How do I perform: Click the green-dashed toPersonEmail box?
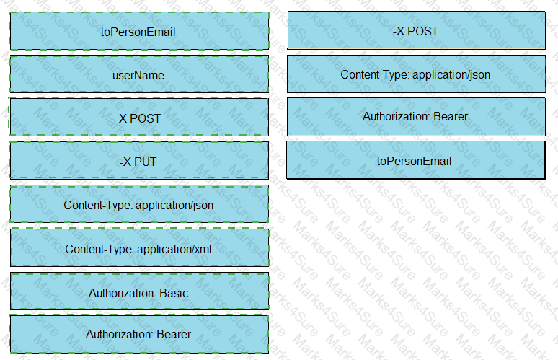(x=139, y=31)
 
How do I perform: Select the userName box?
(x=139, y=74)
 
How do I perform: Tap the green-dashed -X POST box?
(x=139, y=117)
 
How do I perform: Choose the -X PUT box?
(x=139, y=160)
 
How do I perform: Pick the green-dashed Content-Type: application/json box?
(x=139, y=204)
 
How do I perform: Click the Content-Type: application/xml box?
(x=140, y=247)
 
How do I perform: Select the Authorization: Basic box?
(x=140, y=291)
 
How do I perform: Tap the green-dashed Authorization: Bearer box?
(x=139, y=334)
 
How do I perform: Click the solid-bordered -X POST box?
(x=417, y=30)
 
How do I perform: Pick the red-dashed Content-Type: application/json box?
(x=417, y=74)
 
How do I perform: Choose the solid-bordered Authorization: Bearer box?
(x=417, y=117)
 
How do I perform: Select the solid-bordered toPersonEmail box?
(x=416, y=160)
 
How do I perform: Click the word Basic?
(x=174, y=293)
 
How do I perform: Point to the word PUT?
(x=145, y=162)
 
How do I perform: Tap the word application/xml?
(x=174, y=249)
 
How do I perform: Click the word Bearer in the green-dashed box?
(x=174, y=334)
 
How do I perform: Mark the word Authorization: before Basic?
(x=123, y=293)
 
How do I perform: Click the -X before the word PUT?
(x=125, y=162)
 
